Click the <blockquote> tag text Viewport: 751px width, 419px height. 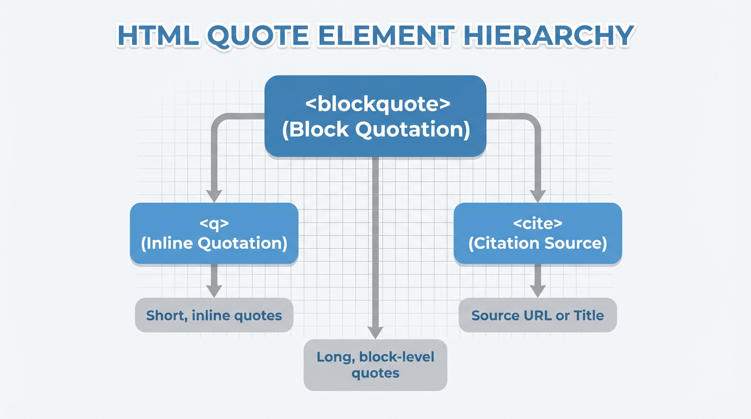[375, 104]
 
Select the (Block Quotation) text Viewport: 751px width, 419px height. [375, 130]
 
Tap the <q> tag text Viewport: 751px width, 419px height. [214, 223]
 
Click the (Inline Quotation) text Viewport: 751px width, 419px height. [214, 243]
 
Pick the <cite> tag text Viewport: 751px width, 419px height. [538, 223]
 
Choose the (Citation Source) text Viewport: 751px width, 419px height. [538, 243]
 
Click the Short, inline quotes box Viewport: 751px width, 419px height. [214, 315]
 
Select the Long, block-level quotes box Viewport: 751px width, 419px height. [375, 365]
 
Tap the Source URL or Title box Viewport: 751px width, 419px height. [538, 315]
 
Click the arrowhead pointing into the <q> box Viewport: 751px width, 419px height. [214, 195]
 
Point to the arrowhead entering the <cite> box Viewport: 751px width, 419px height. [538, 195]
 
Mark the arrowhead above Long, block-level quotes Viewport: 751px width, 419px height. [375, 332]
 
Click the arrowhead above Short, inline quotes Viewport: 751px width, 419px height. [214, 291]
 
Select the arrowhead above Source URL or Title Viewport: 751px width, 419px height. [538, 291]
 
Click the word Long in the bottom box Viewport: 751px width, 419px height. [334, 357]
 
